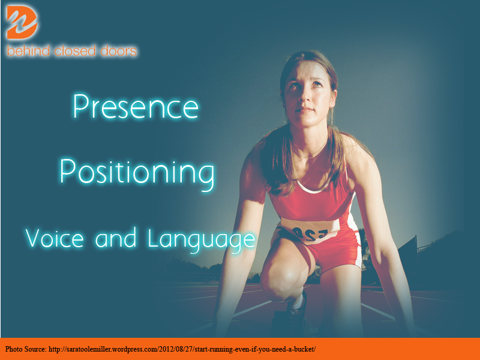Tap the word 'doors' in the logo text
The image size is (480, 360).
[118, 51]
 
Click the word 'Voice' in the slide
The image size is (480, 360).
[55, 238]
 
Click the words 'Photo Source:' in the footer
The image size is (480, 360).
[25, 349]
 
